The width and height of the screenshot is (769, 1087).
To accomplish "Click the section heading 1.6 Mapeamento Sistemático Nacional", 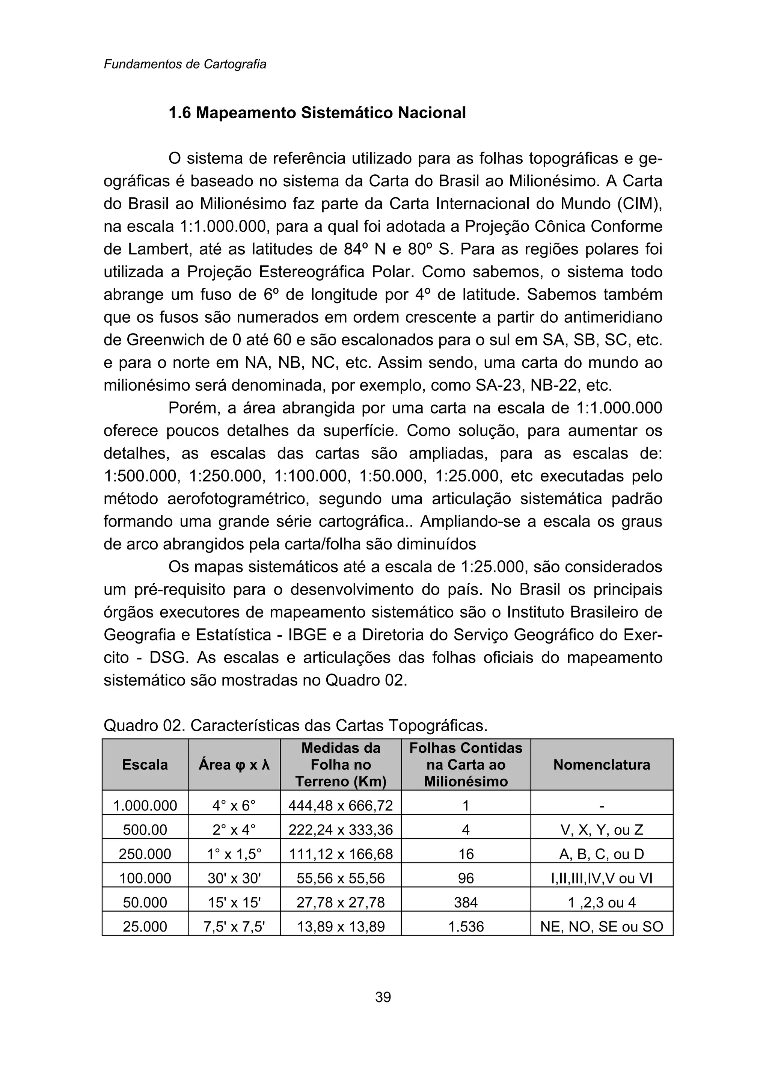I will click(317, 113).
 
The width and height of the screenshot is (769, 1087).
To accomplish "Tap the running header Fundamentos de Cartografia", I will click(185, 64).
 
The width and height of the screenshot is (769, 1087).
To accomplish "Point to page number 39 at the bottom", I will click(383, 997).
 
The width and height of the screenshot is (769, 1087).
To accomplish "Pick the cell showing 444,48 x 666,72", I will click(341, 806).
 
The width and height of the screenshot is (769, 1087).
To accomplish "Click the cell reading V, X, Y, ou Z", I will click(602, 830).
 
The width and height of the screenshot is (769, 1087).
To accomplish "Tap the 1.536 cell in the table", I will click(466, 927).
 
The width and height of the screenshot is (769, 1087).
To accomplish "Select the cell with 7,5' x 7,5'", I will click(234, 927).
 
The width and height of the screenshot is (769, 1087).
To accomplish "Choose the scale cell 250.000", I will click(145, 854).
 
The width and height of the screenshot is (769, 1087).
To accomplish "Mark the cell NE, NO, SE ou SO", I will click(602, 927).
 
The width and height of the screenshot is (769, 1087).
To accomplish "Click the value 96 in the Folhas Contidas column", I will click(466, 878).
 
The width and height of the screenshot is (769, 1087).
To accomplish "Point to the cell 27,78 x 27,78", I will click(341, 902).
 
